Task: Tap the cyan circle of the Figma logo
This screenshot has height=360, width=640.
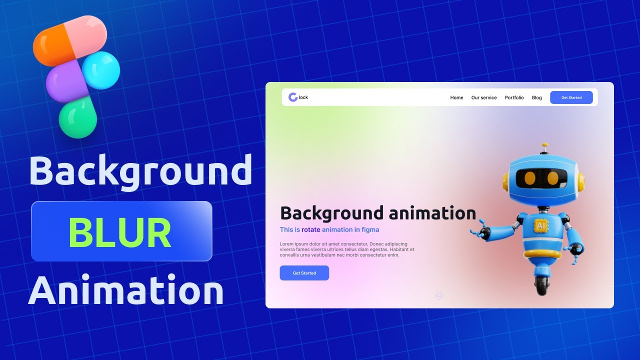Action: [100, 70]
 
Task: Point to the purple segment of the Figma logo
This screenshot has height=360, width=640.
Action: [65, 82]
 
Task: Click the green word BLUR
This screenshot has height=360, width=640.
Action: [120, 233]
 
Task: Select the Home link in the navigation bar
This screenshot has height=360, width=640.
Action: [456, 98]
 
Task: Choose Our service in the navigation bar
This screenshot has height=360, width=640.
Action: [484, 98]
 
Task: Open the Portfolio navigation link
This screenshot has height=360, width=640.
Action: [514, 98]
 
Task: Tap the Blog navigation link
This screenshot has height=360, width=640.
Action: [536, 98]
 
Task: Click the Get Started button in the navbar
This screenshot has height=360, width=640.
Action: [571, 97]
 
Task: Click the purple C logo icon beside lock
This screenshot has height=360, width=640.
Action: [293, 97]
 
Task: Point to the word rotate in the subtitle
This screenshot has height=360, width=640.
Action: [310, 230]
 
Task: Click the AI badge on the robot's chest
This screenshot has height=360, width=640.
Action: [540, 226]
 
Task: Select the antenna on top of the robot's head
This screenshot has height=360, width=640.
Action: [544, 148]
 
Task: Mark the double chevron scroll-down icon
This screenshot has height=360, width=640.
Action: [439, 295]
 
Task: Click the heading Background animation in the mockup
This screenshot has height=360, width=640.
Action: [378, 213]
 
